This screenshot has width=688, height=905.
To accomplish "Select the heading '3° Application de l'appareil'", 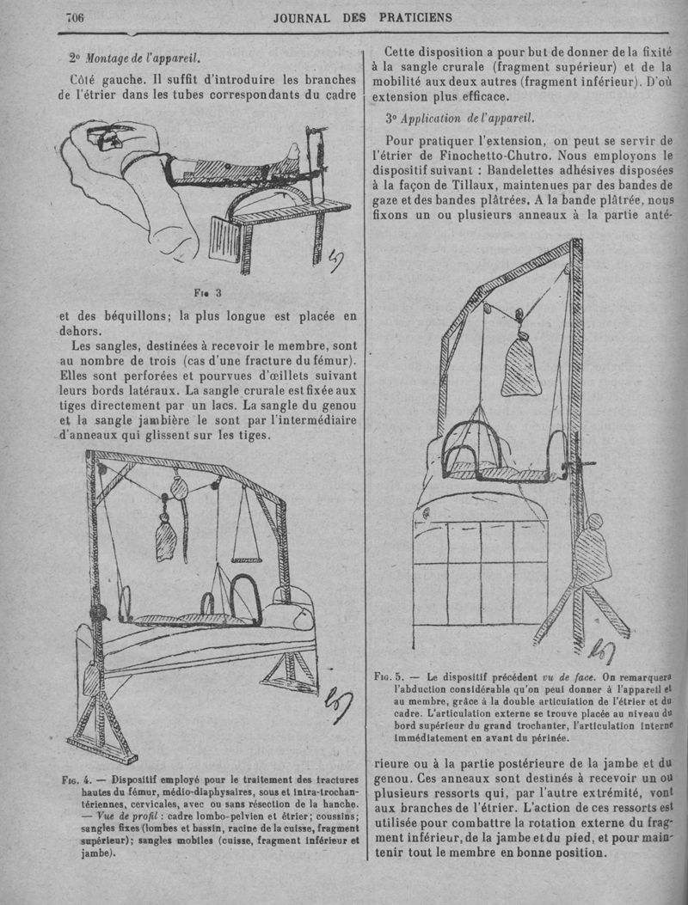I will pos(460,118).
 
